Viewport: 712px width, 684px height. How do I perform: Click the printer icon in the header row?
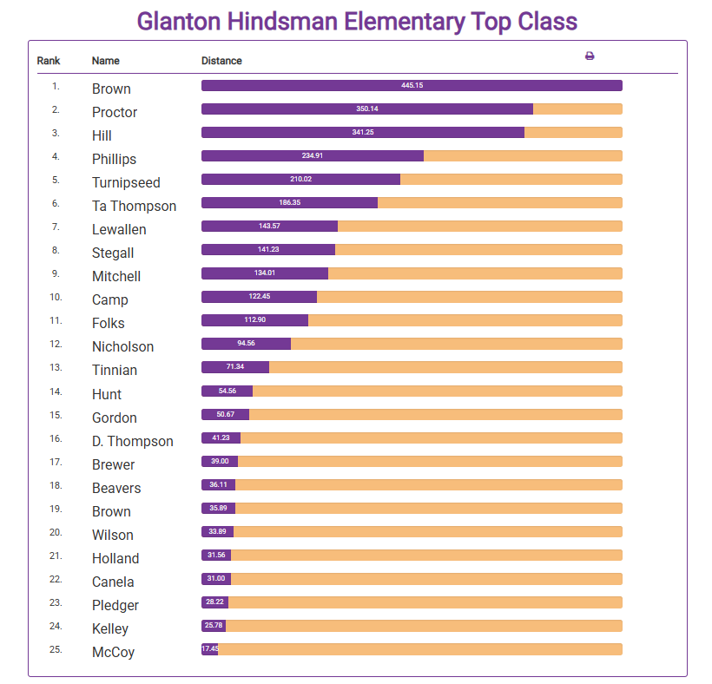coord(590,56)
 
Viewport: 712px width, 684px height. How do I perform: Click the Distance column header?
coord(221,61)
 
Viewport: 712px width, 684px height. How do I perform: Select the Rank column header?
coord(49,61)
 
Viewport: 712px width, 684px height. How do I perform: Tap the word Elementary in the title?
coord(390,22)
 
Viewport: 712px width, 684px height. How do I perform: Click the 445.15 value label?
coord(412,86)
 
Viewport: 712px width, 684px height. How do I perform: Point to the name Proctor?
coord(115,112)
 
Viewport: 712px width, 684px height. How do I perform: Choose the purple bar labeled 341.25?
coord(363,133)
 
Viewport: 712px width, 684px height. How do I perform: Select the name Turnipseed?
coord(126,182)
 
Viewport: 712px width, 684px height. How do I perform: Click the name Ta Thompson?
coord(134,206)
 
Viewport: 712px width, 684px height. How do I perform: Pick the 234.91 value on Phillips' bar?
coord(313,156)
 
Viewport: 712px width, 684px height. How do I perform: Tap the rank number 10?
coord(56,297)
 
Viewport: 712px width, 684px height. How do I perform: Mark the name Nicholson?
coord(122,346)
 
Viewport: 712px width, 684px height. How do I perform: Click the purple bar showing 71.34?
coord(235,367)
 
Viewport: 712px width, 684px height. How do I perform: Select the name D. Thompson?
coord(132,441)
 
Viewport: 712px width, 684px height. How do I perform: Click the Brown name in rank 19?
coord(111,511)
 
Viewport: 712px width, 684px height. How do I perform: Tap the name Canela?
coord(113,582)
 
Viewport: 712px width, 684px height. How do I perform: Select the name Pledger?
coord(115,605)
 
